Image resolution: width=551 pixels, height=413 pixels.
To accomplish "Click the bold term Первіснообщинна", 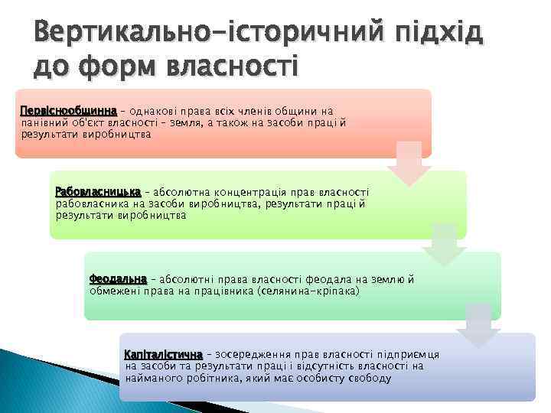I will click(68, 111).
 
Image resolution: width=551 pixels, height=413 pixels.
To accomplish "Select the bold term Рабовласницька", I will click(98, 192).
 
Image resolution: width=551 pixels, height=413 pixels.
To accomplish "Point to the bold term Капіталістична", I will click(163, 355).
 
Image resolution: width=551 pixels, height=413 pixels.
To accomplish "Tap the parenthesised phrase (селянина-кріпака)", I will click(308, 292).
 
